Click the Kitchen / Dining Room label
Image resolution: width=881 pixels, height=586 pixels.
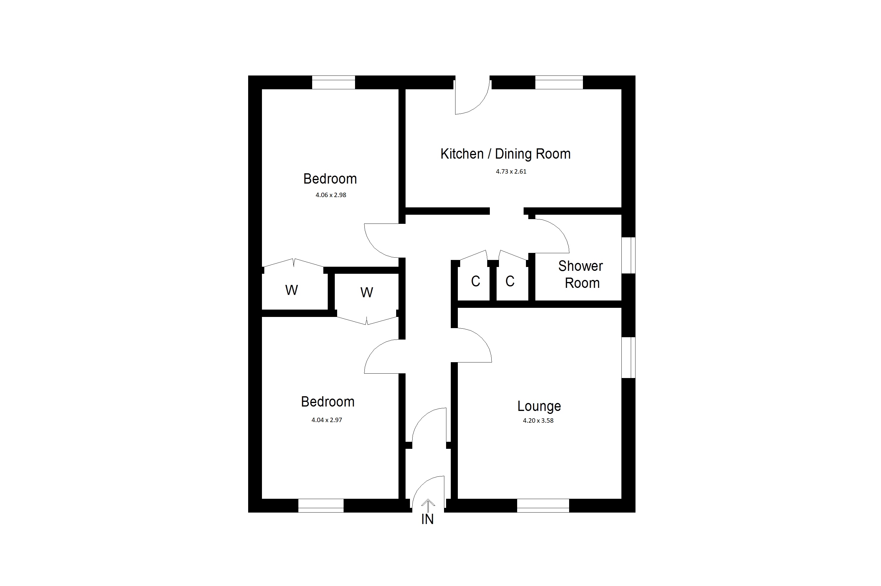[x=505, y=154]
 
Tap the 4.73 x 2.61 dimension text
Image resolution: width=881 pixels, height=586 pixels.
[x=511, y=172]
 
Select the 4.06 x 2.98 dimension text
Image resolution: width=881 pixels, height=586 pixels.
[x=331, y=195]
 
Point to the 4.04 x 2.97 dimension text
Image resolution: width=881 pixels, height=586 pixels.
[x=327, y=420]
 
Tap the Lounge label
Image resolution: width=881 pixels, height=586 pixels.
[x=539, y=406]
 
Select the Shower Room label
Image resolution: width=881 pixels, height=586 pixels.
[x=581, y=274]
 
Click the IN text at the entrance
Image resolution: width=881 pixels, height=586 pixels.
[x=427, y=519]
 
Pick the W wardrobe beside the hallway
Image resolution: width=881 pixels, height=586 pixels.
[x=366, y=293]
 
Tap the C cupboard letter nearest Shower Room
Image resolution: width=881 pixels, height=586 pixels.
[x=510, y=281]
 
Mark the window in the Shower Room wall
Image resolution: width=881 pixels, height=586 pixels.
[x=628, y=255]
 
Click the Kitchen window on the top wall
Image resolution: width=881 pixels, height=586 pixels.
[x=559, y=82]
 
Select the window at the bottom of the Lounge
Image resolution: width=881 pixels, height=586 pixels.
[x=543, y=506]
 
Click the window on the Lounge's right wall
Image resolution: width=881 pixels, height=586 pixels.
[x=628, y=358]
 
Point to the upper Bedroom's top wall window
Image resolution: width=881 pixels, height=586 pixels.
[x=333, y=82]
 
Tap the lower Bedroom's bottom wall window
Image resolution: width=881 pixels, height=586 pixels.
[x=321, y=506]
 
